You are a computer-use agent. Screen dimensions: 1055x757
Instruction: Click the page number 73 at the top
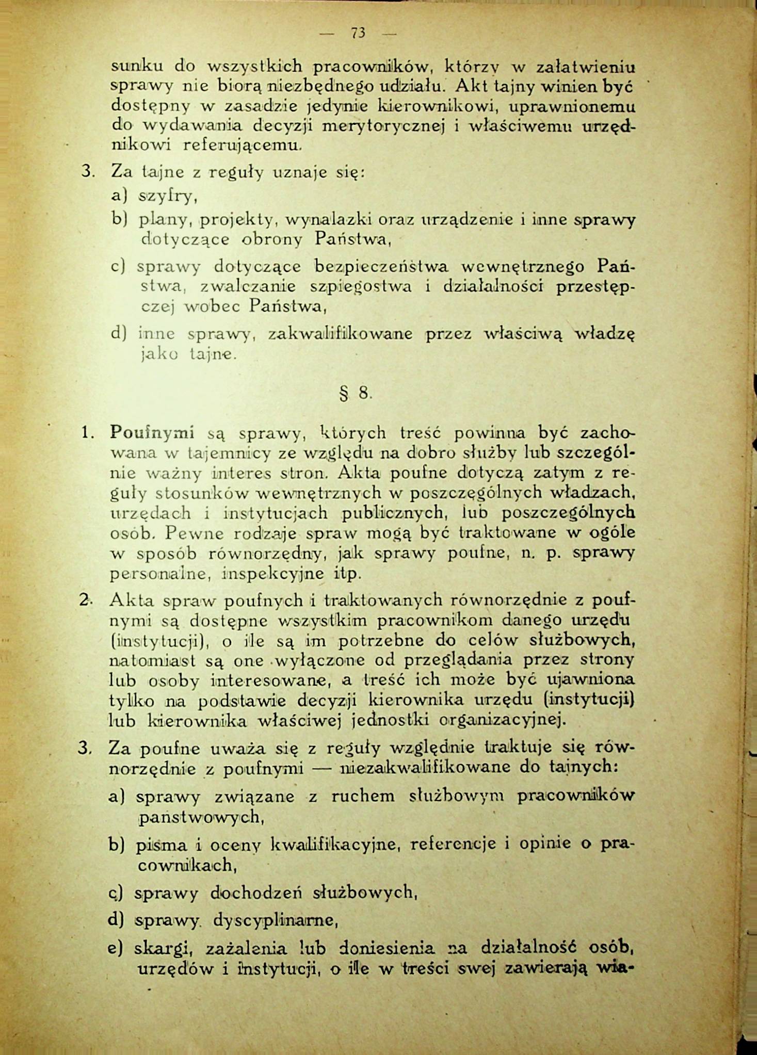point(358,33)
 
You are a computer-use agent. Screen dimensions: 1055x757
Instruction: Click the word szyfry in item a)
point(168,196)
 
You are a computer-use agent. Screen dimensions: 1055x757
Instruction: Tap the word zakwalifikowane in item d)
point(341,334)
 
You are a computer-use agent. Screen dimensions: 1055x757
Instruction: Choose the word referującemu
point(241,145)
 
